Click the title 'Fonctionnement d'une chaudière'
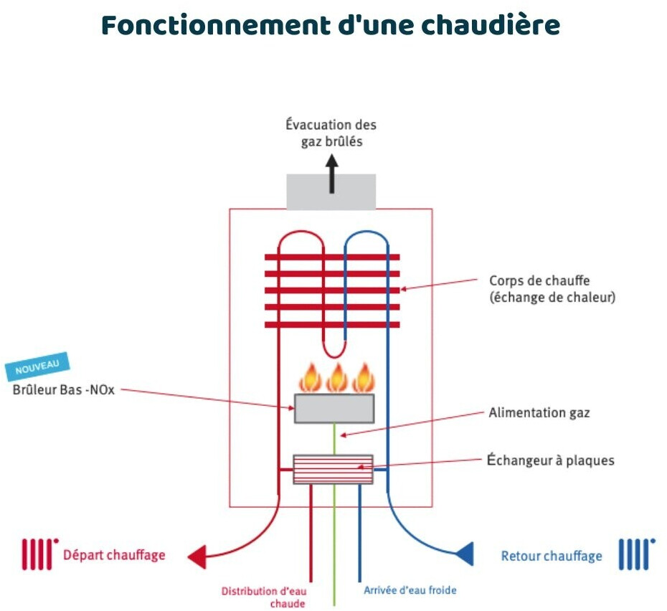pos(331,25)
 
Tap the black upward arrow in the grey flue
pos(331,176)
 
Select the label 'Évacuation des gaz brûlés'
pos(331,133)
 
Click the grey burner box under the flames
pos(333,408)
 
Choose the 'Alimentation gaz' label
pos(539,412)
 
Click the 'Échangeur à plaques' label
pos(550,460)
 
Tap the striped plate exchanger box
pos(333,469)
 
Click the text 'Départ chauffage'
pos(114,554)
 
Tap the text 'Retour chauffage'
pos(552,556)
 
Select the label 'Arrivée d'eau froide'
pos(410,590)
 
